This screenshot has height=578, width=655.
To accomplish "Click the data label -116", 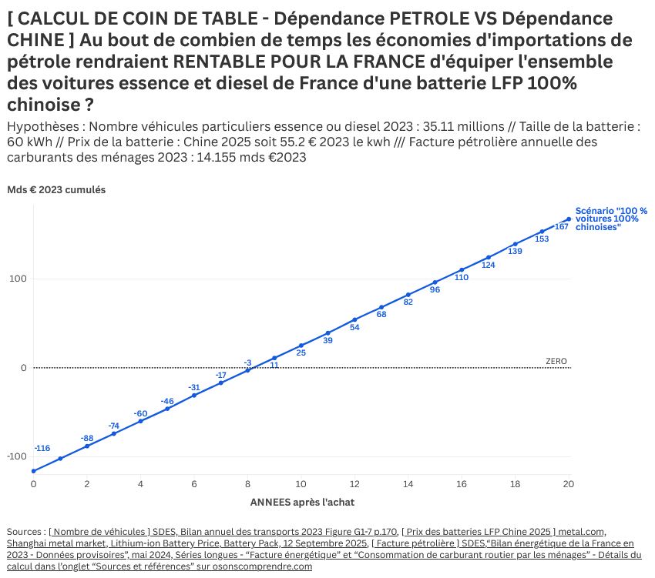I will pyautogui.click(x=42, y=448).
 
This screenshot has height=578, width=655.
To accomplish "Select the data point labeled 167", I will pyautogui.click(x=569, y=219).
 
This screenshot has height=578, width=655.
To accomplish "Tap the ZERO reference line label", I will pyautogui.click(x=556, y=361).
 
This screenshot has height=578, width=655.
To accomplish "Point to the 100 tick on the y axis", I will pyautogui.click(x=18, y=279).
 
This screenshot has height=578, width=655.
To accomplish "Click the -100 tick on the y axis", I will pyautogui.click(x=16, y=456).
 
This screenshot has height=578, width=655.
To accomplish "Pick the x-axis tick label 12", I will pyautogui.click(x=354, y=484).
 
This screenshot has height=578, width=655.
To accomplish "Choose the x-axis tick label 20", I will pyautogui.click(x=569, y=484).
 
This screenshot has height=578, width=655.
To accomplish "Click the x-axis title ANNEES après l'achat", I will pyautogui.click(x=302, y=502).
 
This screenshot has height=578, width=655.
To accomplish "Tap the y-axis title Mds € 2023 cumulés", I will pyautogui.click(x=56, y=189).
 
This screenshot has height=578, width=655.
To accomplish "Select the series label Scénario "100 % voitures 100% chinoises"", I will pyautogui.click(x=611, y=219).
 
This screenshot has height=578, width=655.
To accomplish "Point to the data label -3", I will pyautogui.click(x=247, y=363).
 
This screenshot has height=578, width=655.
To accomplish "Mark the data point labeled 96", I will pyautogui.click(x=435, y=282).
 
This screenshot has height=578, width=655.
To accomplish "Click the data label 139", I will pyautogui.click(x=516, y=252).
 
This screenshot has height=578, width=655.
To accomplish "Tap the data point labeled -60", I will pyautogui.click(x=140, y=421).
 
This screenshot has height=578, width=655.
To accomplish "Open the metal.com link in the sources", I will pyautogui.click(x=583, y=531).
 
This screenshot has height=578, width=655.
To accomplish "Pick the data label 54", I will pyautogui.click(x=355, y=328).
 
